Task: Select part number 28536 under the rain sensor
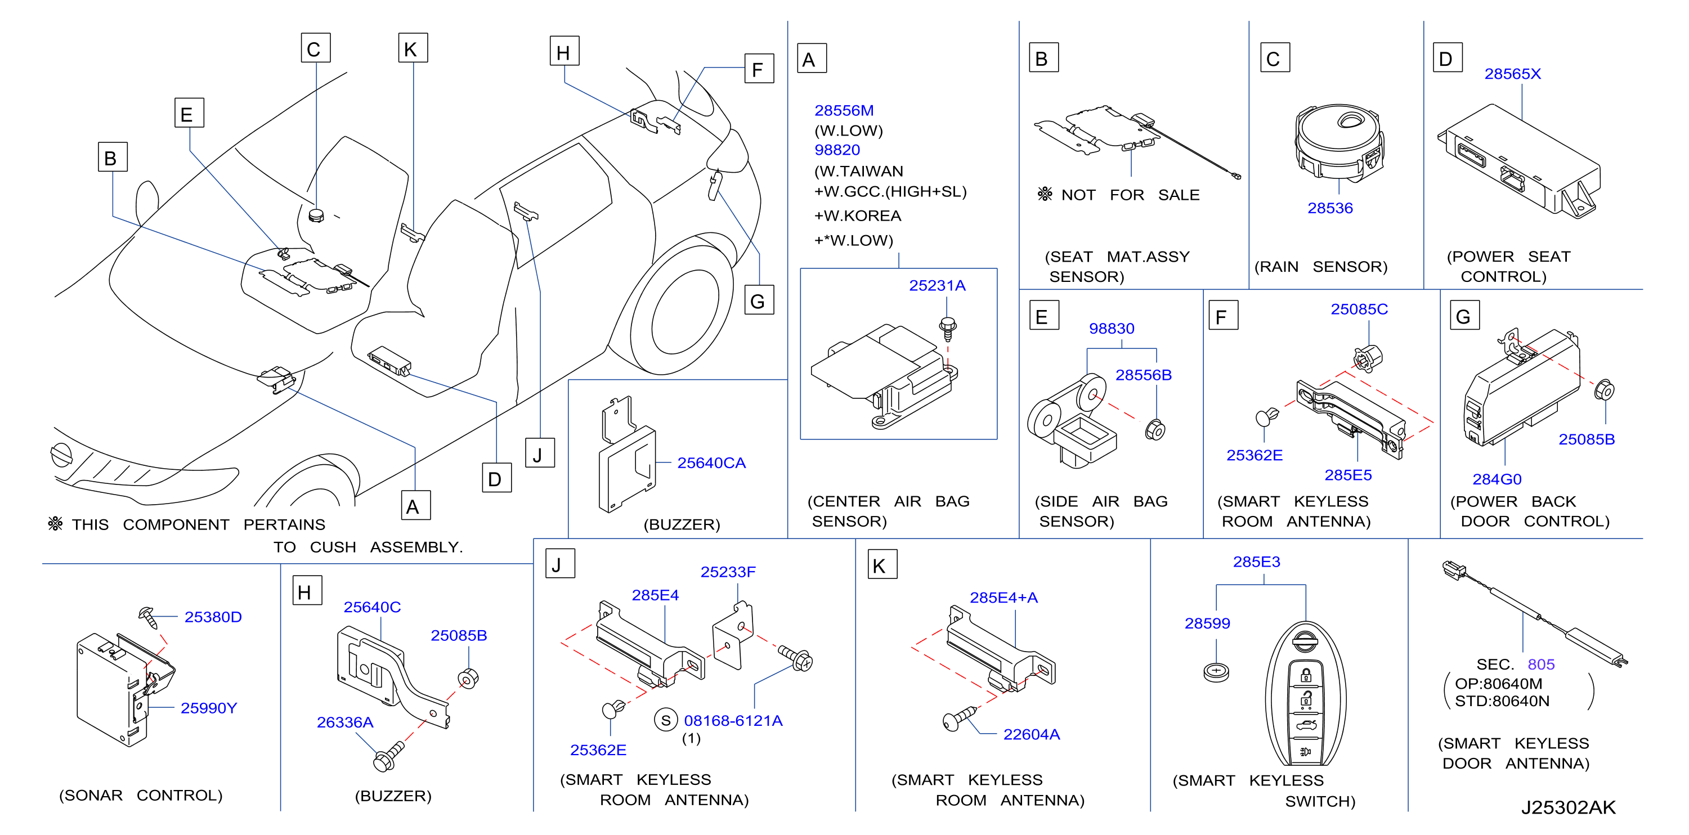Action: (1330, 208)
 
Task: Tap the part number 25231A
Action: (937, 286)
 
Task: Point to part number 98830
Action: (1112, 329)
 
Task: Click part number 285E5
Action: (1347, 475)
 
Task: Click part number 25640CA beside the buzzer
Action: (711, 464)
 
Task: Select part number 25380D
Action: (213, 617)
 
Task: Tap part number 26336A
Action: (345, 722)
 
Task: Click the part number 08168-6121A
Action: (733, 721)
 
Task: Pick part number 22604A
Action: (1032, 735)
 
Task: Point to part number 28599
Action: (1207, 623)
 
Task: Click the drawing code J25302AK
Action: (1569, 807)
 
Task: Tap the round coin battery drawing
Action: (1216, 672)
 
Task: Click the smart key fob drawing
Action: (1305, 694)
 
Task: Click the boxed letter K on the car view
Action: (413, 48)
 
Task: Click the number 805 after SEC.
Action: (1541, 665)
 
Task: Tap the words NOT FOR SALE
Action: (1130, 195)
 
